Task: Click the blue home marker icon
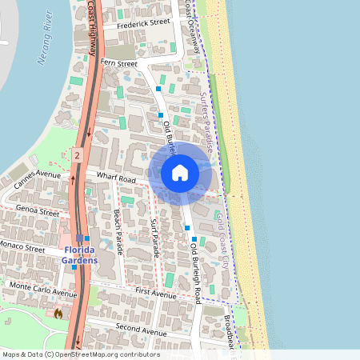point(180,172)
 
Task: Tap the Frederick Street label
point(143,24)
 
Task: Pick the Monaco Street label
point(22,249)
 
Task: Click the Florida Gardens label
point(80,256)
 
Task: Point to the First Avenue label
point(155,294)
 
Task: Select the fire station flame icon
point(58,314)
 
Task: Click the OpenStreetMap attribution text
point(81,354)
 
